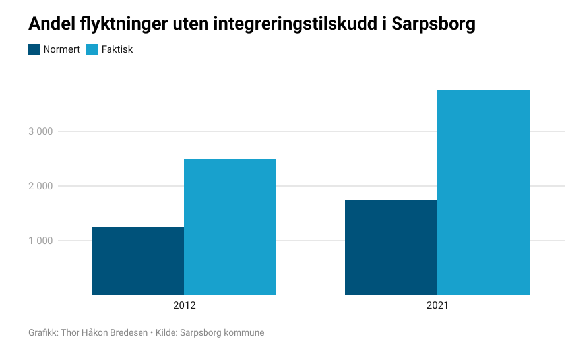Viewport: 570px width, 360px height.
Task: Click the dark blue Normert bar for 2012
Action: [137, 260]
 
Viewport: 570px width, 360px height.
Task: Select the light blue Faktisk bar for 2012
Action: [230, 227]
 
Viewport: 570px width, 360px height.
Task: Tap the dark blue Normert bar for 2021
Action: [391, 247]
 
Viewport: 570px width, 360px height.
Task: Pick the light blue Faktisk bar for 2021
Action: [483, 193]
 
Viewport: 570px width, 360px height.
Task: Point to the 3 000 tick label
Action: [40, 131]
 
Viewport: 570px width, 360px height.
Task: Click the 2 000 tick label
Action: [40, 186]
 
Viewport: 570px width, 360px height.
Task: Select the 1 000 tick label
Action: [40, 241]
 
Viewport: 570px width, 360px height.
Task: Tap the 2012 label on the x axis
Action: [184, 306]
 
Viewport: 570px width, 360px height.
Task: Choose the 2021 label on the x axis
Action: [437, 306]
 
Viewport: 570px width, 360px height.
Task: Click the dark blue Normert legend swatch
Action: [34, 49]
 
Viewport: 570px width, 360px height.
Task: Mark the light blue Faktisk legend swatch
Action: [92, 49]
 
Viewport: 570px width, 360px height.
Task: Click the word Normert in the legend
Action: [61, 49]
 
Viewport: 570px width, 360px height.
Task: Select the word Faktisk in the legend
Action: [117, 49]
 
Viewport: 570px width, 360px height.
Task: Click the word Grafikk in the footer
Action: [42, 333]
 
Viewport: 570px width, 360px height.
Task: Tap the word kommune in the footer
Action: [244, 333]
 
